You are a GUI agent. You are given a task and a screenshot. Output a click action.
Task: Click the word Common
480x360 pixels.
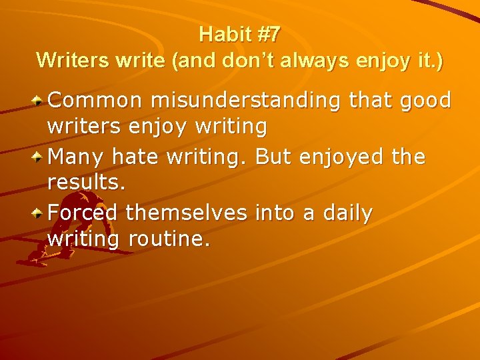[95, 101]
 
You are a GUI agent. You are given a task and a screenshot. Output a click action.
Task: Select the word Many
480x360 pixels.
[75, 157]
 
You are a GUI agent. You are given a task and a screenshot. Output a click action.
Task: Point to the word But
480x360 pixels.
[273, 157]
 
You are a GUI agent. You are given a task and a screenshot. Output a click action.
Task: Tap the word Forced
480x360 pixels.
[83, 213]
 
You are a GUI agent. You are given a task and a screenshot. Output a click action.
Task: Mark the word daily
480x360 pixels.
[347, 215]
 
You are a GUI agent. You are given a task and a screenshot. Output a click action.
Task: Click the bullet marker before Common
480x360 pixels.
[39, 101]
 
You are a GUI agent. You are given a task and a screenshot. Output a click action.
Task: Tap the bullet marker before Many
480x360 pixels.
[39, 157]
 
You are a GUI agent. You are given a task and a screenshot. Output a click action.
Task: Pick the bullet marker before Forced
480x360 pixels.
[39, 213]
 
